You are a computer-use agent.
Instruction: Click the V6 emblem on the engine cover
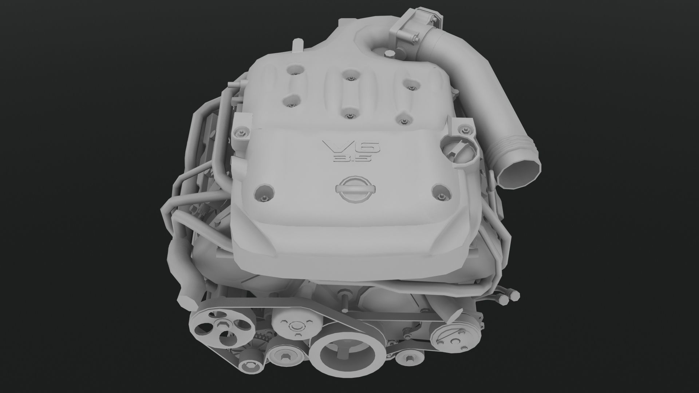(351, 147)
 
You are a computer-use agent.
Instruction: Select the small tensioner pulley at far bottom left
(250, 365)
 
